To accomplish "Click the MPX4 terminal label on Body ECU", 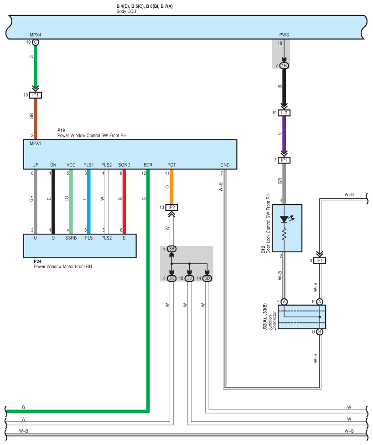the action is [35, 35].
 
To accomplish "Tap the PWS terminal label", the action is [284, 35].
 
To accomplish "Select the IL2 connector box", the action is [284, 113].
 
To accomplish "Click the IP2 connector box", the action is [171, 207].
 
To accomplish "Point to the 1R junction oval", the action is [284, 66].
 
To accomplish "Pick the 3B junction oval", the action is [171, 249].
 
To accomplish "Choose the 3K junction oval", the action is [171, 278].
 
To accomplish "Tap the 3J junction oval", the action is [190, 278].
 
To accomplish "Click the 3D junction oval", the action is [207, 278].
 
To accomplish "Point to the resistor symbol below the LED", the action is [284, 235].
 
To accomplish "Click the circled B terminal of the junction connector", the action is [320, 332].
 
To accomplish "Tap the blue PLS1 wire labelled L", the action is [88, 202].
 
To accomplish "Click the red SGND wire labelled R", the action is [124, 202].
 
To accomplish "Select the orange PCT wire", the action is [171, 187].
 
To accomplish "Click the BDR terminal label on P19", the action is [148, 165].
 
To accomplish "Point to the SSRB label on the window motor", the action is [71, 238].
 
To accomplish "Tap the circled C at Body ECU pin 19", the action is [36, 42].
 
